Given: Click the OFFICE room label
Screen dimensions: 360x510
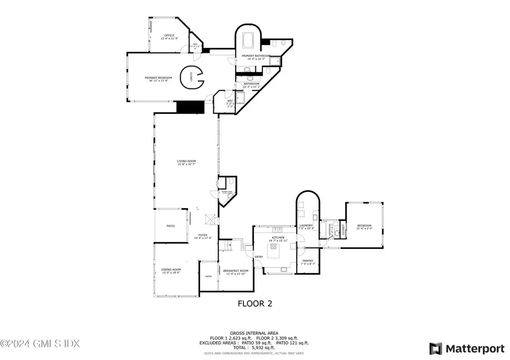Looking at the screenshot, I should click(170, 35).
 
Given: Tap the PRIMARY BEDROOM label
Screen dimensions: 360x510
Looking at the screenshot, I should click(158, 78).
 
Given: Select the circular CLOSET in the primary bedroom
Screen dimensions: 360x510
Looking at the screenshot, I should click(192, 77).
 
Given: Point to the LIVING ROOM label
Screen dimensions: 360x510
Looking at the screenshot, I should click(186, 161).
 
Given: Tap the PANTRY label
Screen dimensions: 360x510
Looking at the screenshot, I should click(308, 261).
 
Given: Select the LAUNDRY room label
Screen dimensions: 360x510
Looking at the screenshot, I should click(306, 226).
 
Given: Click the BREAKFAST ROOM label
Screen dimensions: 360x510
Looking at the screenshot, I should click(236, 271).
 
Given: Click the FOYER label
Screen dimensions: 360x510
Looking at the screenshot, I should click(203, 235).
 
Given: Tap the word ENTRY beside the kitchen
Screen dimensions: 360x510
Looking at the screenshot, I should click(258, 257).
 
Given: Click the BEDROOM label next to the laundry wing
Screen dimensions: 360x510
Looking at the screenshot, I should click(364, 226).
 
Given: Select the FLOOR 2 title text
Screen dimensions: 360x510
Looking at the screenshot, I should click(255, 303).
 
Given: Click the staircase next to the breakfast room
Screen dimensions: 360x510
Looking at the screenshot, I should click(227, 245).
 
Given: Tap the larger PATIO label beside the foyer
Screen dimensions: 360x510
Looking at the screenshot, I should click(170, 226).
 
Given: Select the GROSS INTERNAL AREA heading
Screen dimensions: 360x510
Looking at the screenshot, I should click(254, 333).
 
